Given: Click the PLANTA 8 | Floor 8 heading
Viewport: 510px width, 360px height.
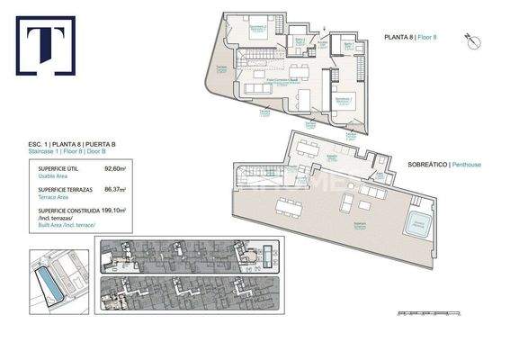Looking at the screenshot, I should (409, 38).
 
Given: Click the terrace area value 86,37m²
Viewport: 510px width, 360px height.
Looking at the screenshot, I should (115, 190).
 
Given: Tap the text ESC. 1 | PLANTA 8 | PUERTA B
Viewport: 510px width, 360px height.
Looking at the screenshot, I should (71, 144).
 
